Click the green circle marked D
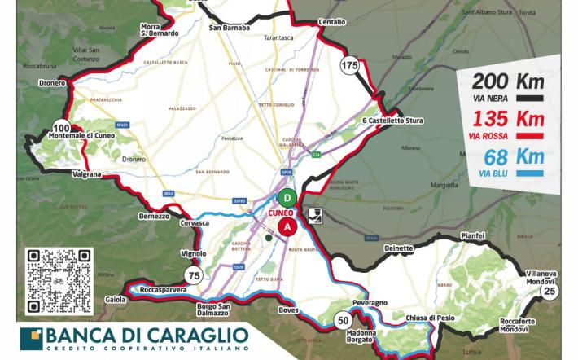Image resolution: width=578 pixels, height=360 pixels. [287, 197]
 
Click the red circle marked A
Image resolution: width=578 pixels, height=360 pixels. [287, 227]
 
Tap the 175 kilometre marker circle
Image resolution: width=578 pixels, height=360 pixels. [350, 65]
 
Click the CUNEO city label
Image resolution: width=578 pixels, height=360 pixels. [280, 213]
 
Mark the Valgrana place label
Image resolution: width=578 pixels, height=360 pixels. [86, 173]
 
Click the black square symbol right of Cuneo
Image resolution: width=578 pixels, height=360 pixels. [313, 215]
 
